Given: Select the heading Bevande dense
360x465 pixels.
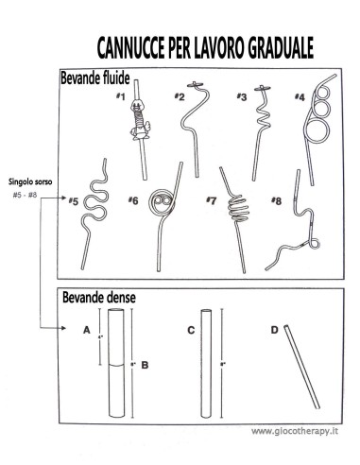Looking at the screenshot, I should click(x=98, y=298).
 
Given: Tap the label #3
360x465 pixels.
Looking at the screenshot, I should click(x=242, y=96).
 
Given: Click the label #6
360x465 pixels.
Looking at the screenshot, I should click(x=133, y=200).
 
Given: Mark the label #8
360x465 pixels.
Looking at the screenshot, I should click(x=276, y=200).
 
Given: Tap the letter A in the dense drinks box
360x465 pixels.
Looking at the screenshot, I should click(x=86, y=331).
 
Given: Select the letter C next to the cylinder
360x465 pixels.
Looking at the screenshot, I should click(x=191, y=331).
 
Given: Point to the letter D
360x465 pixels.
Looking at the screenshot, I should click(x=275, y=331).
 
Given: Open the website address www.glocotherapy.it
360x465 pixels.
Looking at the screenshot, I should click(x=296, y=431).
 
